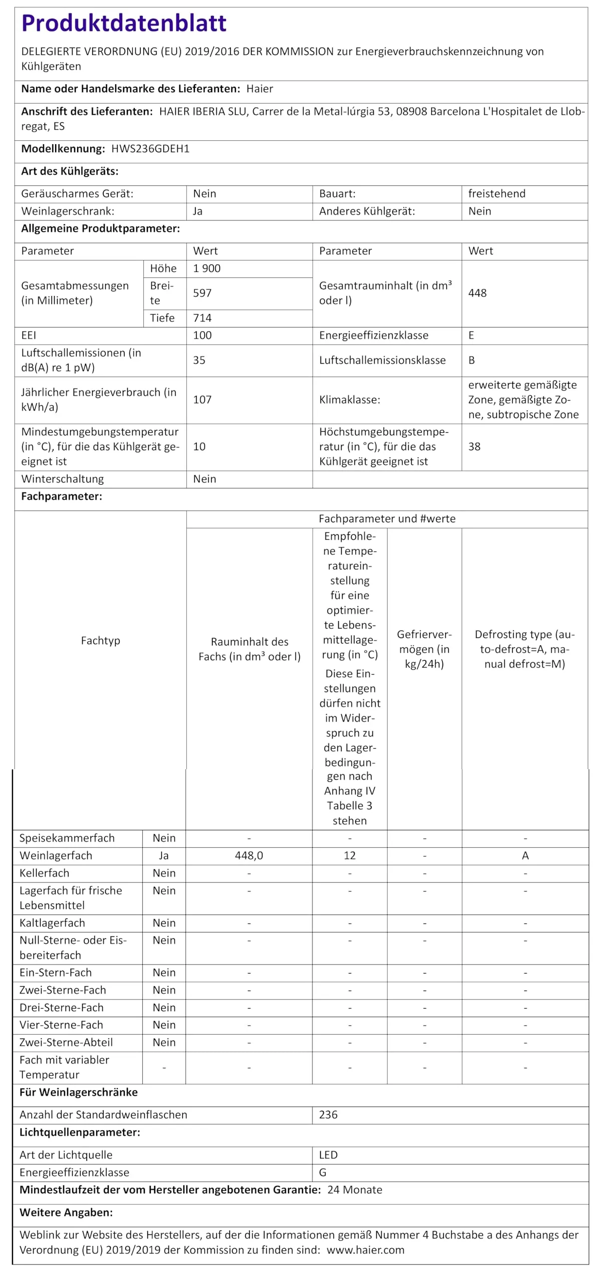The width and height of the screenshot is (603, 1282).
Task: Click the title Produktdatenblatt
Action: [124, 24]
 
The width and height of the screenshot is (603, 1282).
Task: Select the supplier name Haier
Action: [259, 89]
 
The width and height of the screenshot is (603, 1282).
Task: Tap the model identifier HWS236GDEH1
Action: [150, 149]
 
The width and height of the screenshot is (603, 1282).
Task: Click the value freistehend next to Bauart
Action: [496, 194]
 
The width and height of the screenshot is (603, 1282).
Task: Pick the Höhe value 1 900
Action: [207, 268]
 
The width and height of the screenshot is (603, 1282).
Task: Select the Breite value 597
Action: [202, 293]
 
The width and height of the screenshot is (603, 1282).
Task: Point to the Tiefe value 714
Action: [202, 318]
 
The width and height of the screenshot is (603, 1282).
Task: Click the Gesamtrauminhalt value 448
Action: [477, 293]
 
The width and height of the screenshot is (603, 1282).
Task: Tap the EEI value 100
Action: [202, 336]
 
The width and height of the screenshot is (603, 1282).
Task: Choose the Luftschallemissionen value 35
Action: [199, 360]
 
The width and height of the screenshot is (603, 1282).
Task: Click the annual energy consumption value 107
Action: [202, 400]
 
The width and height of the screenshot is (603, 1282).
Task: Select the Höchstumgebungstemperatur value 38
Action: [474, 446]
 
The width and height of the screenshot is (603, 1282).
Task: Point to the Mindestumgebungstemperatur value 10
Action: [199, 446]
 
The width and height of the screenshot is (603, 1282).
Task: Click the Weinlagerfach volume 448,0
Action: [249, 855]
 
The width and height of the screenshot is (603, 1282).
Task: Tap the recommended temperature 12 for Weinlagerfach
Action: [350, 855]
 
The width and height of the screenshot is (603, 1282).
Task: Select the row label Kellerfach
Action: [45, 873]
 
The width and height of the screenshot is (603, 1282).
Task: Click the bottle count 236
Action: [328, 1115]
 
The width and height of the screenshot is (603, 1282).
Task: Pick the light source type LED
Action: [328, 1155]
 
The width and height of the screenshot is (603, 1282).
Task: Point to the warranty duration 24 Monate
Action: [355, 1190]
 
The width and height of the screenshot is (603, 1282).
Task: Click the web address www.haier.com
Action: [366, 1250]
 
